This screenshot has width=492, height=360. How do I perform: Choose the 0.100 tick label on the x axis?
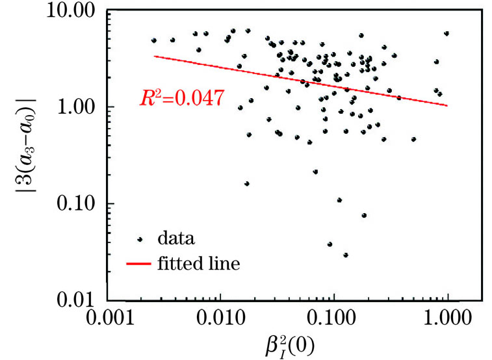click(x=334, y=320)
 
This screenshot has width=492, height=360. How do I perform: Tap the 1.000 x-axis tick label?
click(x=447, y=320)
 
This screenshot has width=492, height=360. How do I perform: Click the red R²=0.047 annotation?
click(x=182, y=99)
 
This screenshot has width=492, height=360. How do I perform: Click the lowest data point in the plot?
click(x=346, y=255)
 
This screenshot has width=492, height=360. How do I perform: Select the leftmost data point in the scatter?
click(x=154, y=40)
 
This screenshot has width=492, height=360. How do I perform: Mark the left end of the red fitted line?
click(x=154, y=56)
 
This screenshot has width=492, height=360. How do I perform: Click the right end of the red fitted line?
click(x=447, y=105)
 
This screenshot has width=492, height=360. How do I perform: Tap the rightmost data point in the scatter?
click(x=447, y=33)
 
